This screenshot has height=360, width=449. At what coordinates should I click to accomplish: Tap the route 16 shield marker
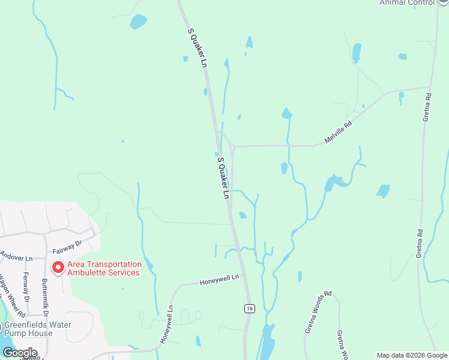[250, 308]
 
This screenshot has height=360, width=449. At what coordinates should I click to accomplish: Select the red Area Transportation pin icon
[58, 267]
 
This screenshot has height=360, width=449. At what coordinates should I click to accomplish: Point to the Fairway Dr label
[66, 246]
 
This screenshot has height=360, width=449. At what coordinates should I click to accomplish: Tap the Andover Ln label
[16, 257]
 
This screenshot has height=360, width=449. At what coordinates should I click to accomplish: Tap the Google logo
[20, 352]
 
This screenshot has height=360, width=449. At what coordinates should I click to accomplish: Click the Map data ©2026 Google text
[412, 355]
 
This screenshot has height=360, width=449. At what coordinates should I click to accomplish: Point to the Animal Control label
[406, 2]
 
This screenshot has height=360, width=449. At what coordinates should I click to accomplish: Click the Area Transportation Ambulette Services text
[104, 268]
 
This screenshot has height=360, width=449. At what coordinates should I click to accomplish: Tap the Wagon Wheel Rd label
[12, 297]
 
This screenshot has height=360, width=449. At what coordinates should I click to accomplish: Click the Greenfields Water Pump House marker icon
[1, 327]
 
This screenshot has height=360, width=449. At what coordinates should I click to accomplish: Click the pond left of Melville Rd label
[286, 113]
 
